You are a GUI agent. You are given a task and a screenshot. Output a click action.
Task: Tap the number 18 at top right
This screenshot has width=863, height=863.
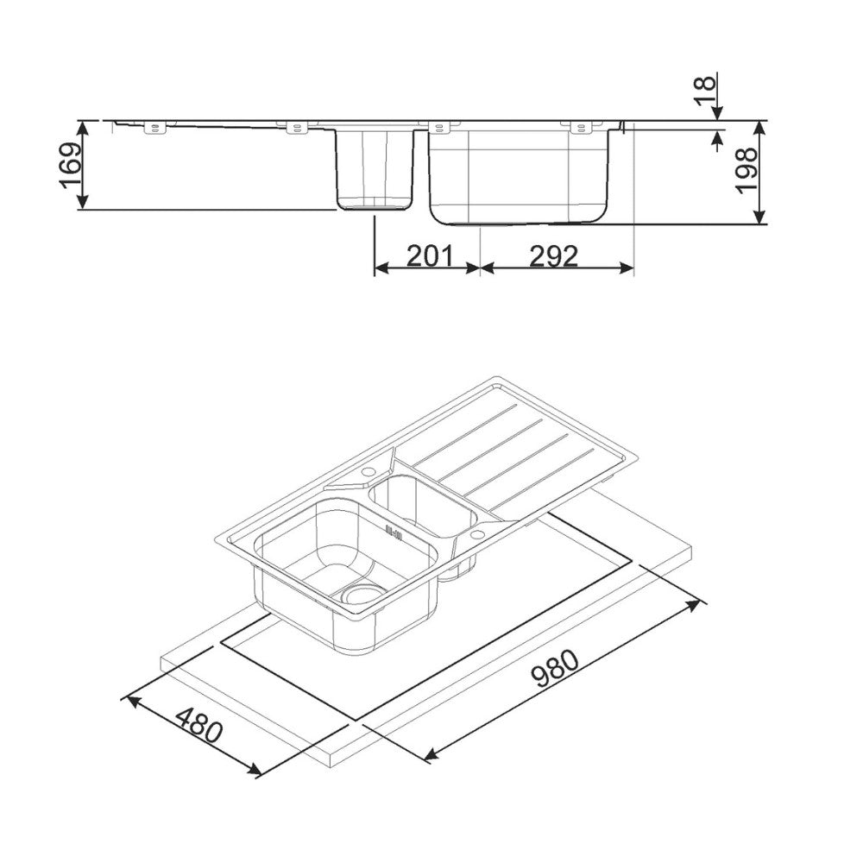click(x=705, y=84)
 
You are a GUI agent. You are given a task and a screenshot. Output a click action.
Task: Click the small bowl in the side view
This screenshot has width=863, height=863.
click(x=375, y=168)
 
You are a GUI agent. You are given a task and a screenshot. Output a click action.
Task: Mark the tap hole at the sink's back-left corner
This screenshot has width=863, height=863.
click(x=369, y=471)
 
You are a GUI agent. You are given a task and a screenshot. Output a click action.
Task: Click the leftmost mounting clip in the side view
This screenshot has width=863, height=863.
click(x=154, y=129)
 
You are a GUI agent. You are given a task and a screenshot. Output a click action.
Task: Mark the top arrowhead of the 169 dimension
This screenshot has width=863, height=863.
click(x=84, y=126)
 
